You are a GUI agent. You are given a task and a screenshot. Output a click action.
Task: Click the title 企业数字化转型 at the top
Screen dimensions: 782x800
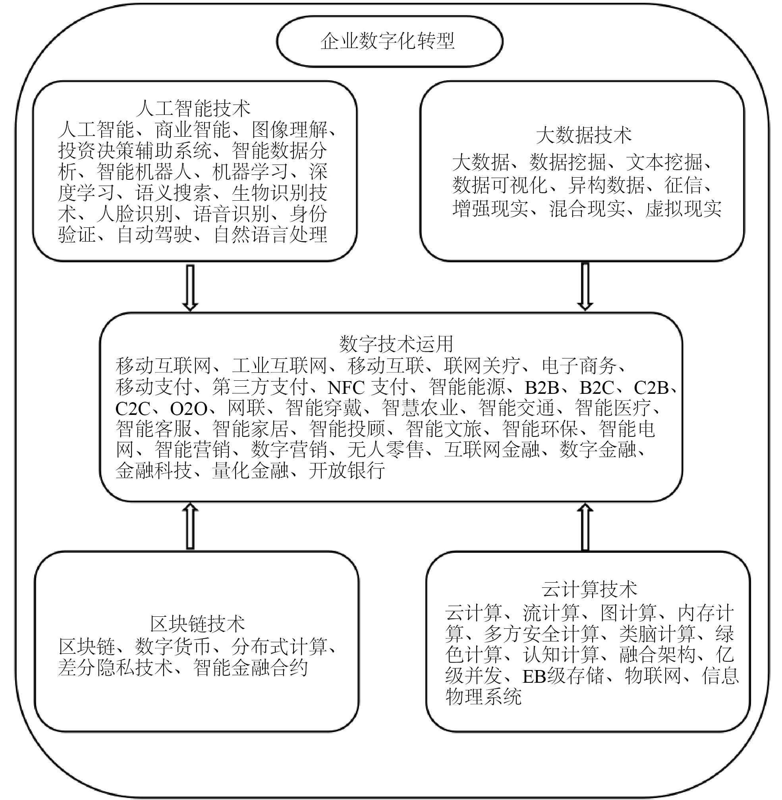tap(388, 41)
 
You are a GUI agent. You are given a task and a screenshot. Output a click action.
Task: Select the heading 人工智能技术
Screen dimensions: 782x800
tap(193, 108)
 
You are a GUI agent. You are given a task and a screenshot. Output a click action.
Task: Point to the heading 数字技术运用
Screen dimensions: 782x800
tap(396, 344)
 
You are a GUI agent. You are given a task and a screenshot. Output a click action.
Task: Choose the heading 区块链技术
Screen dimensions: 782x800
tap(197, 624)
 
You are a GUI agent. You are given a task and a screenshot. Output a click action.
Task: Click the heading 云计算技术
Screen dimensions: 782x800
tap(589, 589)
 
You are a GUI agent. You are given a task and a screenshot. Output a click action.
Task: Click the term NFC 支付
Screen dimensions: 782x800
tap(368, 387)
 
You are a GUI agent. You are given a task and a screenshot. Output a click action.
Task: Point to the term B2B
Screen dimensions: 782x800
tap(542, 387)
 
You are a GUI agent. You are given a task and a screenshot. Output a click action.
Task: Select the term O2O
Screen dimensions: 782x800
tap(189, 409)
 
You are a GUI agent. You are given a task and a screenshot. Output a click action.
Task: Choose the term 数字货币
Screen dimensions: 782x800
tap(172, 646)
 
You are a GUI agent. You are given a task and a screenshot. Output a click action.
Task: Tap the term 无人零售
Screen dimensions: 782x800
tap(385, 449)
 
